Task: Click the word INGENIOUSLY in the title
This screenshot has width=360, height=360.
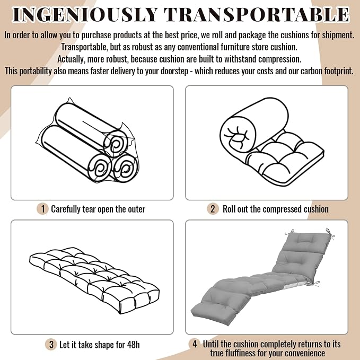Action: (85, 15)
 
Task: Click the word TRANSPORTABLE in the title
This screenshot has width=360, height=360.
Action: (257, 15)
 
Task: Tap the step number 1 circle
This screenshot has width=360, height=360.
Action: (43, 209)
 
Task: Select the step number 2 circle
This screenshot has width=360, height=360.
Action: (213, 209)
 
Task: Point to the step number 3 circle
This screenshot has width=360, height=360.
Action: (51, 345)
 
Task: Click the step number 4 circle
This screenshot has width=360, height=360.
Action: (195, 344)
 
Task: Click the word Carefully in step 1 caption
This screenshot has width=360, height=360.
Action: (65, 209)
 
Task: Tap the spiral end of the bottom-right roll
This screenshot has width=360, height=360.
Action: (125, 168)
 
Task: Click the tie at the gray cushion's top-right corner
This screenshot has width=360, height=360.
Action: (330, 233)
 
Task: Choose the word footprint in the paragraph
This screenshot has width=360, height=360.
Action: (339, 71)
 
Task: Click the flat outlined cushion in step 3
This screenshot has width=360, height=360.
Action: (94, 280)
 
